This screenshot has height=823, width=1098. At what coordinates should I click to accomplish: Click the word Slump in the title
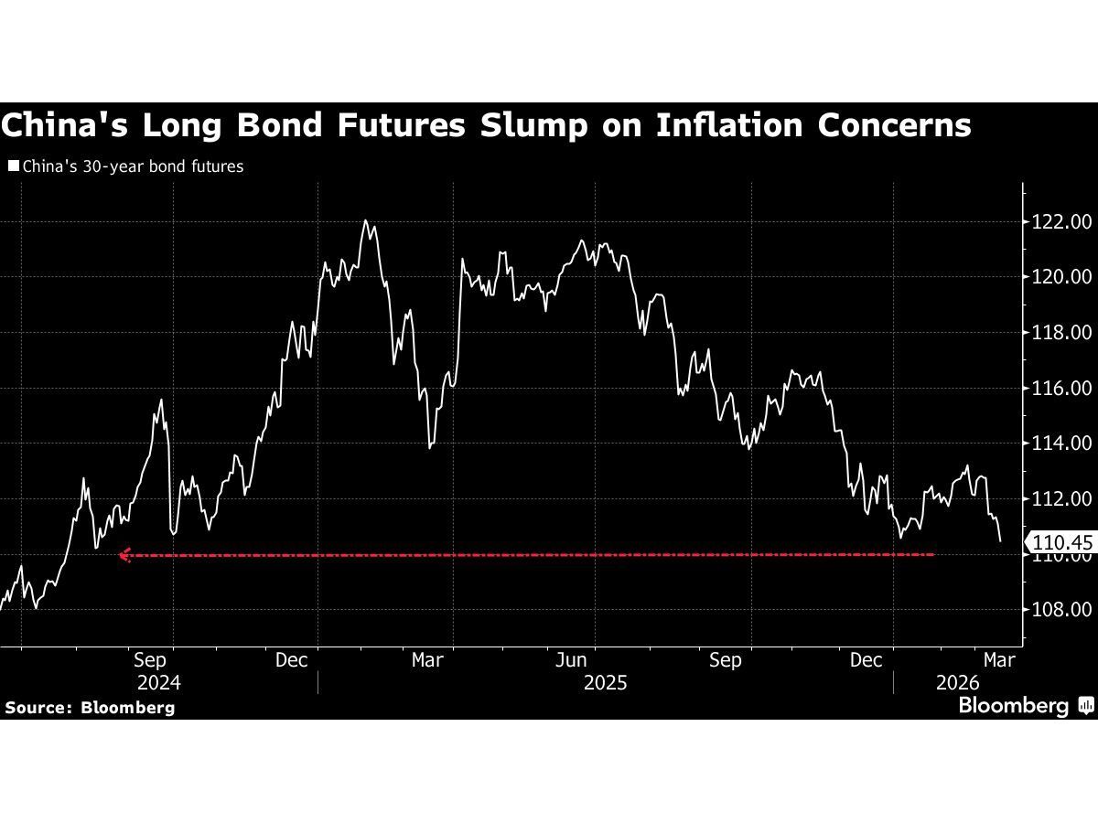click(x=526, y=125)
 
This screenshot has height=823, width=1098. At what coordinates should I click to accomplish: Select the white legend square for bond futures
click(x=13, y=166)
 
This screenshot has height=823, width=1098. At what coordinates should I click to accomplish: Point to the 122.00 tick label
click(x=1060, y=221)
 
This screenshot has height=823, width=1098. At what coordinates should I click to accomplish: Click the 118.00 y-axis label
click(x=1060, y=333)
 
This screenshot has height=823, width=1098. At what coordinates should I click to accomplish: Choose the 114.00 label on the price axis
click(x=1060, y=444)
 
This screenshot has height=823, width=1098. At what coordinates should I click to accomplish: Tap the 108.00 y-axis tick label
click(x=1060, y=610)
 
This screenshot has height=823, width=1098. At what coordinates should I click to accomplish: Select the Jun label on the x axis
click(x=571, y=659)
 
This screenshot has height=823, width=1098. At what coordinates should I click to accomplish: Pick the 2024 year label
click(x=158, y=683)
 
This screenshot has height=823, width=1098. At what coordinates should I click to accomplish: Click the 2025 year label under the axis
click(x=605, y=683)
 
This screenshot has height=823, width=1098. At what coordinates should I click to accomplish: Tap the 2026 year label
click(x=958, y=683)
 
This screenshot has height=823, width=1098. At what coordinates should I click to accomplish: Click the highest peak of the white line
click(x=365, y=220)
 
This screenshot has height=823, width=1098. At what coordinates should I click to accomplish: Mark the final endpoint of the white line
click(x=1000, y=541)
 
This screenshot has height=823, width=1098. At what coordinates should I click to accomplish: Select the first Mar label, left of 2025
click(x=427, y=659)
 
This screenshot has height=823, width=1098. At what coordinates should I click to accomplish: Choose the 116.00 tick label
click(x=1060, y=389)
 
